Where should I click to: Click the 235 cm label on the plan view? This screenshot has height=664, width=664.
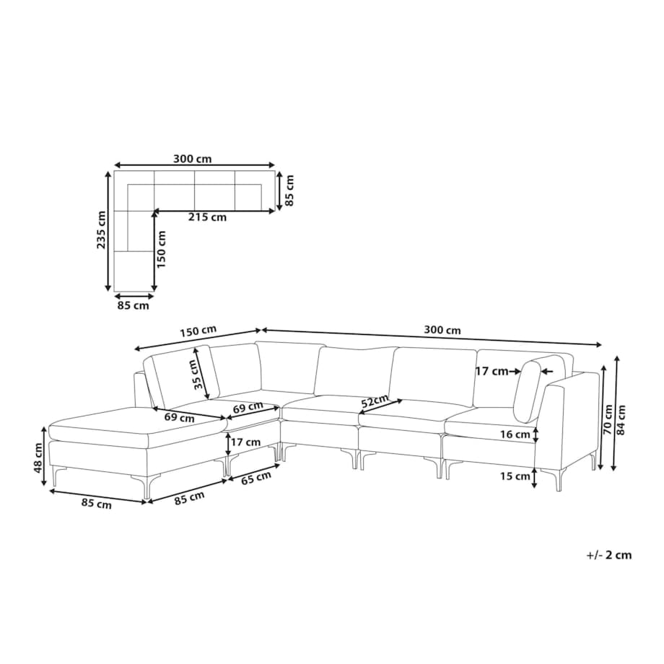click(102, 230)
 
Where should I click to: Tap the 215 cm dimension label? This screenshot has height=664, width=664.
click(208, 217)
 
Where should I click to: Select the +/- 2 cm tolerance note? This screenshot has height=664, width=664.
click(609, 555)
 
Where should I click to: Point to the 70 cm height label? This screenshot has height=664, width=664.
click(608, 419)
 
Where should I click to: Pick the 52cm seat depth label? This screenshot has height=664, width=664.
click(374, 401)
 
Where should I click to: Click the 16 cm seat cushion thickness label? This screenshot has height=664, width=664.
click(514, 434)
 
